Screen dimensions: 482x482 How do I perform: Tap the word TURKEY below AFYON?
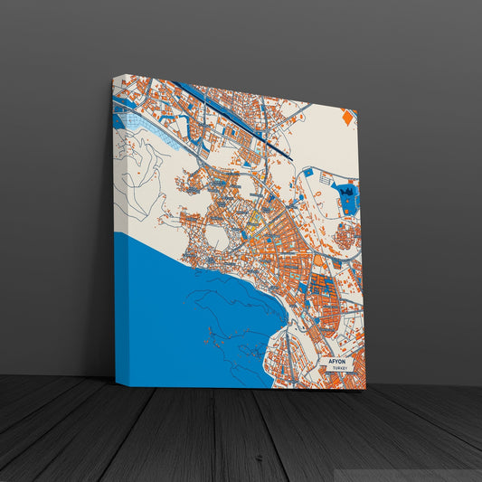pos(339,369)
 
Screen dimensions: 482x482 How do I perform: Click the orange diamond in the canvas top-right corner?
pos(347,117)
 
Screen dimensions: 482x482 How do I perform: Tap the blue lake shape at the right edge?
pos(346,195)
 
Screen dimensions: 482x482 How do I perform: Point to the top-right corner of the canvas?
pos(357,109)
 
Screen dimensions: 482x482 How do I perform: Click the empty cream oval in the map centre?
pos(218,238)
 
